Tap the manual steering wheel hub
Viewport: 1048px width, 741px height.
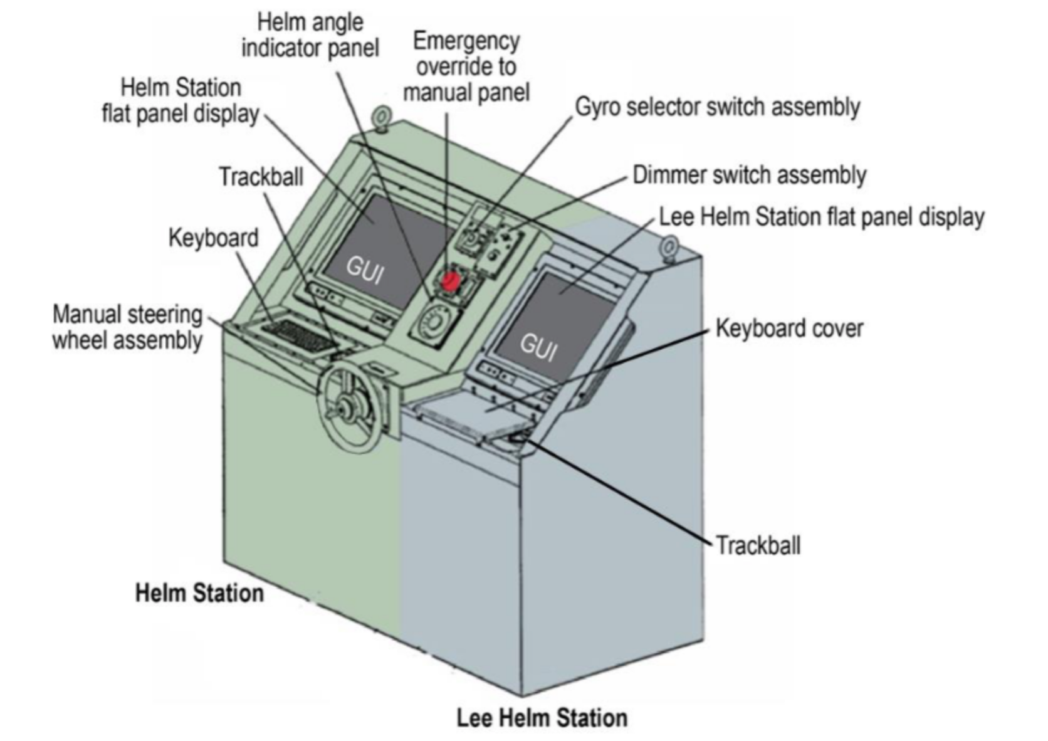tap(344, 408)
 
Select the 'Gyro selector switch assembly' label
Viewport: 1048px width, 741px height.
tap(717, 107)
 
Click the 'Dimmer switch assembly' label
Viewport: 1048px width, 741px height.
tap(749, 175)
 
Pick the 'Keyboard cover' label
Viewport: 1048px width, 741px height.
tap(789, 328)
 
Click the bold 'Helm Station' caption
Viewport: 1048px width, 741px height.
tap(199, 593)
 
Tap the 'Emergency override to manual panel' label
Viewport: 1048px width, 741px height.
tap(466, 66)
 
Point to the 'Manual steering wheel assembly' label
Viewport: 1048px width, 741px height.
tap(127, 327)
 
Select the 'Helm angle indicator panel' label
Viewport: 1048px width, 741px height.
tap(310, 35)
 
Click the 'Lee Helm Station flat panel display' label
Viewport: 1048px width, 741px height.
tap(821, 217)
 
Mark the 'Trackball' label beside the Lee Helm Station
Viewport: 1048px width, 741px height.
tap(758, 545)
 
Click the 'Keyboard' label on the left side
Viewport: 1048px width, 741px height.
tap(213, 238)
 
